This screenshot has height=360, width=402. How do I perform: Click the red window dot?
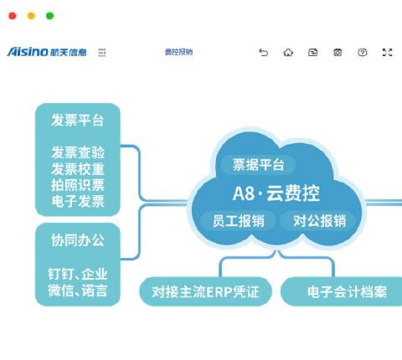(x=13, y=16)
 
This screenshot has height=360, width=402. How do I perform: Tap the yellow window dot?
(x=31, y=16)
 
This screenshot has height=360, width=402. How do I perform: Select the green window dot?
(x=50, y=16)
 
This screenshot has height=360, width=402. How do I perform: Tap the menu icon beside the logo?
(x=102, y=53)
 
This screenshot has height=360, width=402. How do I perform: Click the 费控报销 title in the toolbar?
(x=178, y=52)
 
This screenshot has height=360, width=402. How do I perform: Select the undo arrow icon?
(x=263, y=53)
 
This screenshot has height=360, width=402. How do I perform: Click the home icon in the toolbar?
(x=288, y=53)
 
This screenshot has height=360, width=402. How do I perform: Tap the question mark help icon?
(x=363, y=53)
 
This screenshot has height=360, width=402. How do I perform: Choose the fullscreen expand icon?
(x=387, y=53)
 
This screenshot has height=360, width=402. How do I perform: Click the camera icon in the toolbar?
(x=338, y=53)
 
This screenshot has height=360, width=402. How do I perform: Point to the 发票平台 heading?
(x=78, y=121)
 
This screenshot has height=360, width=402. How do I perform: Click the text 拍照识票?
(x=78, y=185)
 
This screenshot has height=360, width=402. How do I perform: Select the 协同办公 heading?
(x=78, y=240)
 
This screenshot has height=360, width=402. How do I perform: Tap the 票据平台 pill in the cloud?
(x=258, y=164)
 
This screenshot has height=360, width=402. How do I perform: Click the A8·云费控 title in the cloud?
(x=276, y=193)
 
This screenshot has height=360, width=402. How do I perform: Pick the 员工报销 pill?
(x=239, y=221)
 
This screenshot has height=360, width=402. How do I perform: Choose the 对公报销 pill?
(x=319, y=221)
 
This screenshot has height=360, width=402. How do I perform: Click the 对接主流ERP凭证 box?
(x=205, y=291)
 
